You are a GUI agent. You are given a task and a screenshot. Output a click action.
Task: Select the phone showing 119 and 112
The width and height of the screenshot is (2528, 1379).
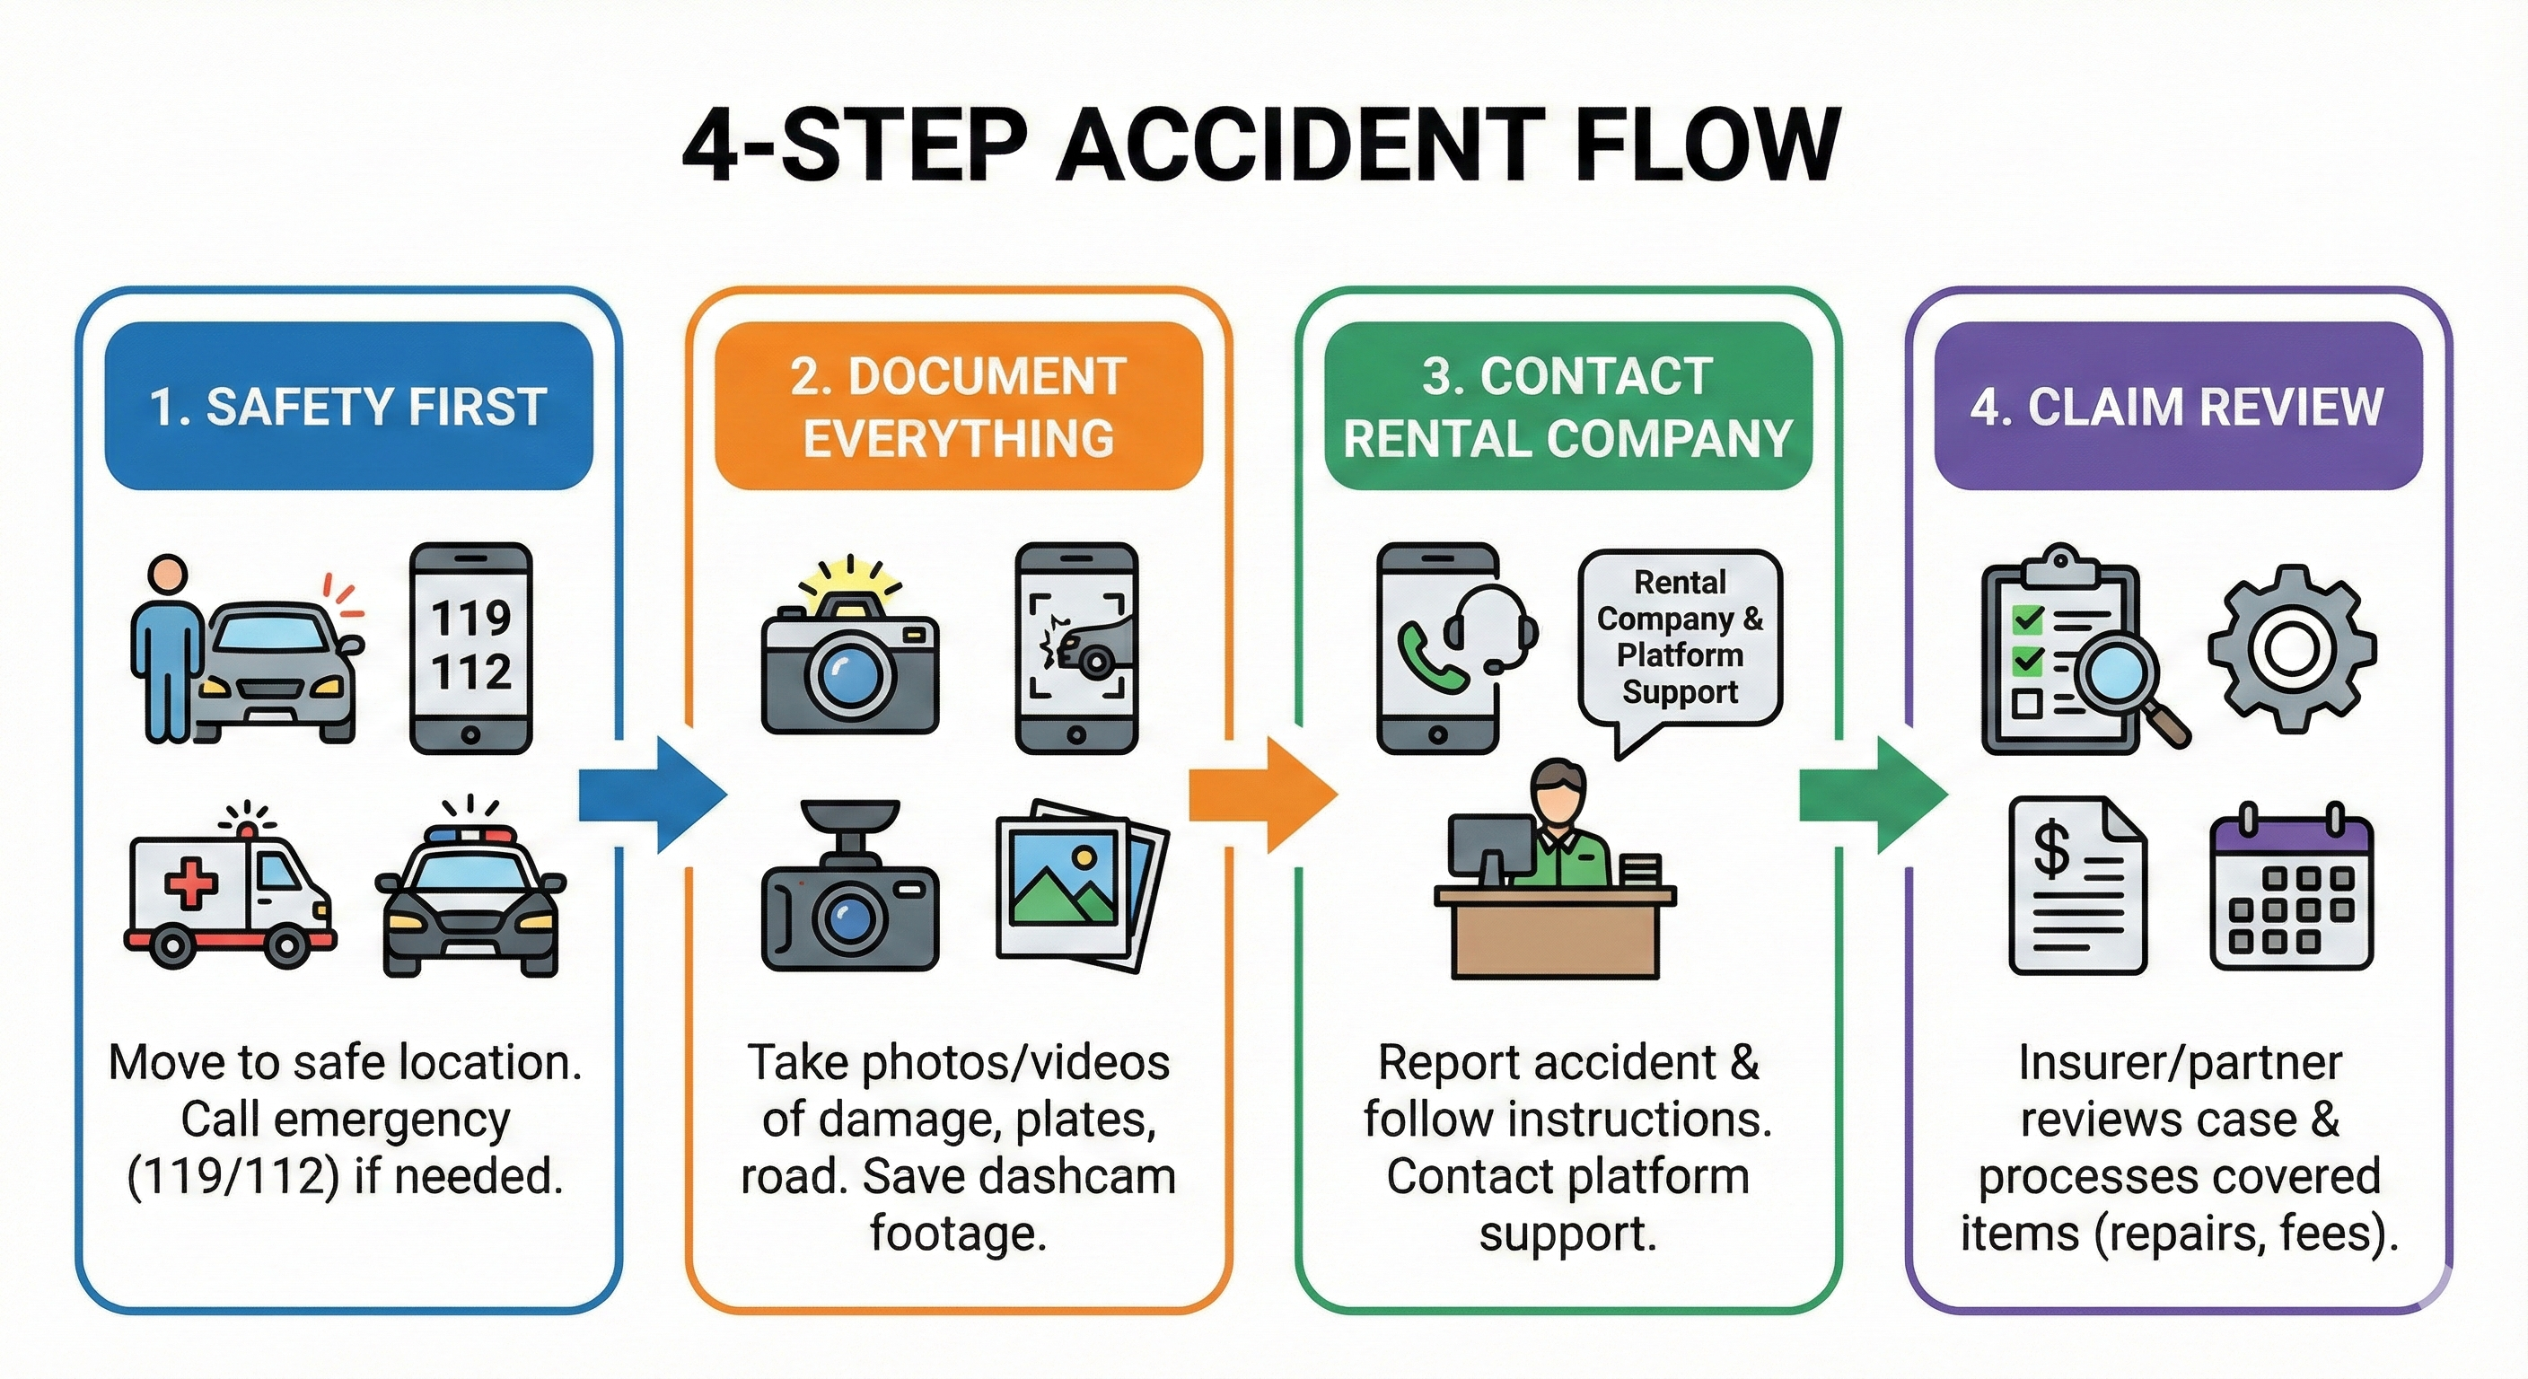(x=471, y=648)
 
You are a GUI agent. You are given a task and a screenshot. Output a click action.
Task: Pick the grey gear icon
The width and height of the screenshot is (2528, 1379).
(x=2293, y=648)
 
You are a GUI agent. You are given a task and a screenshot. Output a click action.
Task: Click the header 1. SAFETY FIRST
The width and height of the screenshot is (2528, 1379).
(x=348, y=407)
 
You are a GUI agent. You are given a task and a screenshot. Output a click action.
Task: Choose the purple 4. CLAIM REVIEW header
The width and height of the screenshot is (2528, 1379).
(x=2178, y=407)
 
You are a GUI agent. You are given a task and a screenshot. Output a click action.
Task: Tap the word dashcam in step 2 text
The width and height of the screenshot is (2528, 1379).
(x=1079, y=1176)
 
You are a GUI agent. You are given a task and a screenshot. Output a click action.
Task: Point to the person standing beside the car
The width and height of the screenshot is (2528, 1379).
(x=168, y=648)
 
